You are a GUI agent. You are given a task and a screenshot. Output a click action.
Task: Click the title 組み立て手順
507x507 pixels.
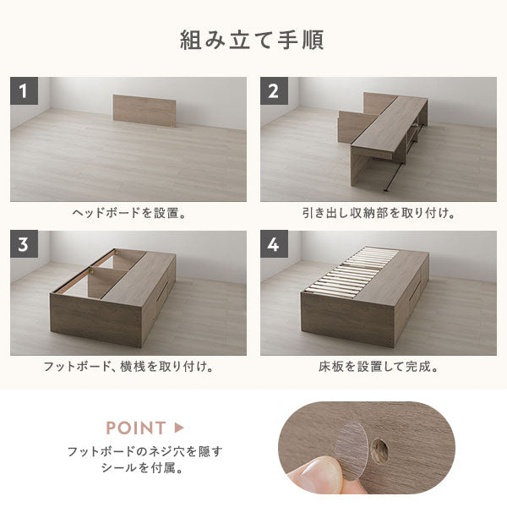[x=252, y=40]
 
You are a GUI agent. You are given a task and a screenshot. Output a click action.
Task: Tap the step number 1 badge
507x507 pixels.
[x=24, y=90]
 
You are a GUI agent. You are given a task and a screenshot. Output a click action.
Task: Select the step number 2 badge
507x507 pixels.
[x=274, y=90]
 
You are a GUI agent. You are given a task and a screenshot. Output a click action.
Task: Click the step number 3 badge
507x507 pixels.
[x=24, y=244]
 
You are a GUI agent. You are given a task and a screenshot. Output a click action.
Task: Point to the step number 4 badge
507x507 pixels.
[x=274, y=244]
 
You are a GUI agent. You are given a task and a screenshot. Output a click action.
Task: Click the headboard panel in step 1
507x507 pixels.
[x=144, y=111]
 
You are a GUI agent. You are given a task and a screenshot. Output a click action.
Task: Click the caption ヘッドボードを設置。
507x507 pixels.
[x=129, y=213]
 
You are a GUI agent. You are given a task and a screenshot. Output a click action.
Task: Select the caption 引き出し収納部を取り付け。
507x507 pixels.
[x=379, y=213]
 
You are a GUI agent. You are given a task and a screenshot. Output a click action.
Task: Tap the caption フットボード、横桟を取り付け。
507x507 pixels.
[x=128, y=367]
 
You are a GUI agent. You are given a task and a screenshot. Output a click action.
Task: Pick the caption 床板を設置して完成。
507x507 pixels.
[x=379, y=367]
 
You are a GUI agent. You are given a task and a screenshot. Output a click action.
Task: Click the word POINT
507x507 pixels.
[x=136, y=428]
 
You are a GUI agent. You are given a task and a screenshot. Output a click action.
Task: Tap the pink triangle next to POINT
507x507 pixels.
[x=179, y=428]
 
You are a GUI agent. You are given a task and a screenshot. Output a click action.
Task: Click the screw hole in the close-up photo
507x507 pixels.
[x=379, y=450]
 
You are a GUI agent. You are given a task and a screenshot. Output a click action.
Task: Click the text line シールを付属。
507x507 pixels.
[x=142, y=467]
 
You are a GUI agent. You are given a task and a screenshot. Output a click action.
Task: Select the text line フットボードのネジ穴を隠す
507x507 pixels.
[x=144, y=451]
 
